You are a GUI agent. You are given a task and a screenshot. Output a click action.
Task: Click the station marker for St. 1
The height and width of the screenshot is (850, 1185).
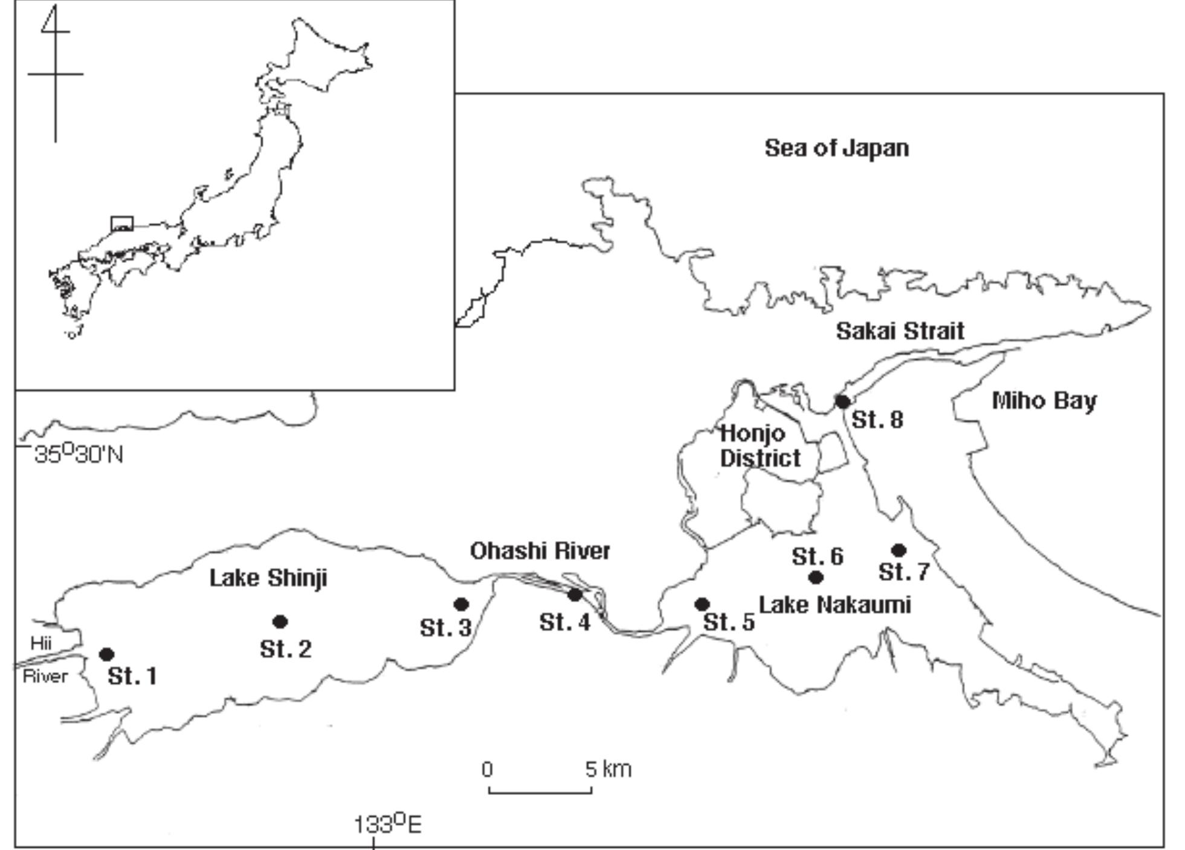[x=107, y=654]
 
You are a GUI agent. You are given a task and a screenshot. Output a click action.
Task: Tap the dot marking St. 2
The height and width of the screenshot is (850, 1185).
[x=280, y=621]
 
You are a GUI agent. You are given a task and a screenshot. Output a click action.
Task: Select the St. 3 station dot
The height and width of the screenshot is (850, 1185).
[x=461, y=604]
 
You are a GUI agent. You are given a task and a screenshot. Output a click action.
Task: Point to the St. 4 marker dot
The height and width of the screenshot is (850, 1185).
[x=575, y=595]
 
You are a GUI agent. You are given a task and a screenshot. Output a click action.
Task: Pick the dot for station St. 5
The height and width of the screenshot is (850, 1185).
[x=702, y=604]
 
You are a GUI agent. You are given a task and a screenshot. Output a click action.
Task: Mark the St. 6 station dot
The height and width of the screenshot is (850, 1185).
[x=816, y=577]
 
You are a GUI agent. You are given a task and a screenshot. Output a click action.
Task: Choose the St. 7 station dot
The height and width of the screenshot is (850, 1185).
[x=899, y=550]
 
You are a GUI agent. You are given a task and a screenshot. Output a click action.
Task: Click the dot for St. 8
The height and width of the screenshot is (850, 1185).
[x=842, y=401]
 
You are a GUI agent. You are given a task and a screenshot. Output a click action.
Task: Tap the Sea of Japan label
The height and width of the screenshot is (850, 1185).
[x=836, y=148]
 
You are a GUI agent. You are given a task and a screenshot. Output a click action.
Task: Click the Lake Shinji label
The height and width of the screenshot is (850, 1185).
[x=268, y=578]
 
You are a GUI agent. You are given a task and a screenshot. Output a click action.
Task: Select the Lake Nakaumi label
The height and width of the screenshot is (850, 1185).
[x=835, y=605]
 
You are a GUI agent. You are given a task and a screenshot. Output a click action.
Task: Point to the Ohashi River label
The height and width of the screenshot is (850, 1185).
[x=540, y=551]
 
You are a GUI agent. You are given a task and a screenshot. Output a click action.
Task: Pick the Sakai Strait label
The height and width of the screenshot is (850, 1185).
[x=900, y=331]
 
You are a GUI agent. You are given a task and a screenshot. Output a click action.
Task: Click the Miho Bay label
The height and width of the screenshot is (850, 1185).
[x=1044, y=401]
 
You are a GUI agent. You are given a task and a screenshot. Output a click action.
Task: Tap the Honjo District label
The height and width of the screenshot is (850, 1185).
[x=760, y=446]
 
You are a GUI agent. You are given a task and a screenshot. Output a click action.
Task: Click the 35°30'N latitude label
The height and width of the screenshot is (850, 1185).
[x=79, y=454]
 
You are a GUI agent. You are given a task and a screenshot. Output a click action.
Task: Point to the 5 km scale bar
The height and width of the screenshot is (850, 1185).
[x=540, y=789]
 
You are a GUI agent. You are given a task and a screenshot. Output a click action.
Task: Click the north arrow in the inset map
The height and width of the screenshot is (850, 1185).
[x=56, y=73]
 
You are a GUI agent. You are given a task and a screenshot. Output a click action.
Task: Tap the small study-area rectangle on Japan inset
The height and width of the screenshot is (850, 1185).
[x=121, y=224]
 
